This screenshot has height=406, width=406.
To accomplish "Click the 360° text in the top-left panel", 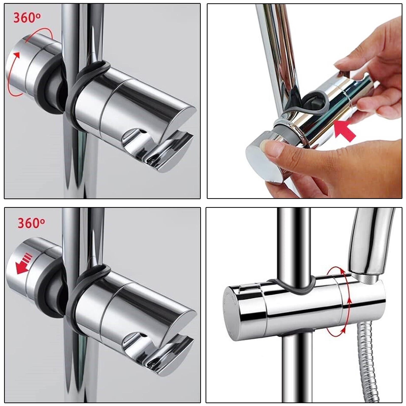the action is pos(27,18).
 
